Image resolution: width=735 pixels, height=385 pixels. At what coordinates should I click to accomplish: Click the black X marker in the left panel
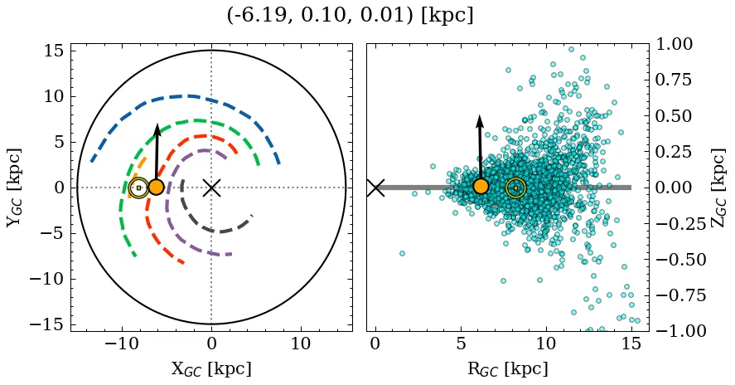pos(211,188)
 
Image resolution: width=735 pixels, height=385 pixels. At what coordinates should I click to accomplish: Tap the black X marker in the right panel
pos(375,188)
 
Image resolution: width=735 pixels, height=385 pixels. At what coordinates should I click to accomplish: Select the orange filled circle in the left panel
pos(156,187)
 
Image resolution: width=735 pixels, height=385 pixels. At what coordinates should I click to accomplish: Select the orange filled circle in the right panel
pos(481,186)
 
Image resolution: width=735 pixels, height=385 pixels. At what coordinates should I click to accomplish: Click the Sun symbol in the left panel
pos(138,188)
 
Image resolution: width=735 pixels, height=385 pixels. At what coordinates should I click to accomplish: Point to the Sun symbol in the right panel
pos(515,188)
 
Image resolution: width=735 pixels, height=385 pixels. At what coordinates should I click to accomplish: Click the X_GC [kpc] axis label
pos(211,369)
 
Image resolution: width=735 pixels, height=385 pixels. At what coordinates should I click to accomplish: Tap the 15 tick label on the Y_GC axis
pos(53,51)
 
